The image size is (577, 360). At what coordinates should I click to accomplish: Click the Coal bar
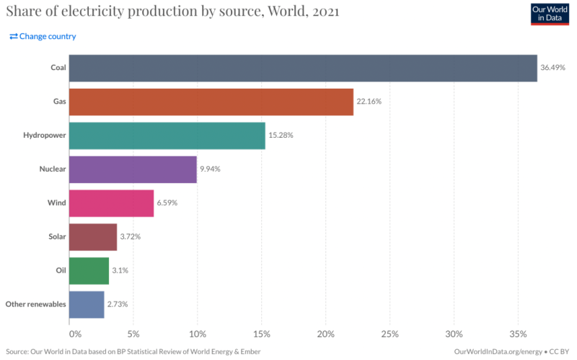(303, 68)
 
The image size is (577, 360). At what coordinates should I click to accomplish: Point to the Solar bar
(93, 237)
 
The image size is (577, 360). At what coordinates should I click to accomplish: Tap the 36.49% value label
(552, 68)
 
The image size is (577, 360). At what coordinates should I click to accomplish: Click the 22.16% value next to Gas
(369, 102)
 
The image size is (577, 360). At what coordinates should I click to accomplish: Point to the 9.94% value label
(208, 169)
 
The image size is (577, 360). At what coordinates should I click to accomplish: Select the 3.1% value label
(120, 271)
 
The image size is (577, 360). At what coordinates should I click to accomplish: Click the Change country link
(43, 36)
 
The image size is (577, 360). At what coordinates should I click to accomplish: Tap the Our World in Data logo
(550, 13)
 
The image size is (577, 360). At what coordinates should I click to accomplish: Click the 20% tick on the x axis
(325, 334)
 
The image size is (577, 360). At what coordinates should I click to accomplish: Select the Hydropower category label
(45, 136)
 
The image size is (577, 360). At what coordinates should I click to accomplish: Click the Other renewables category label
(36, 304)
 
